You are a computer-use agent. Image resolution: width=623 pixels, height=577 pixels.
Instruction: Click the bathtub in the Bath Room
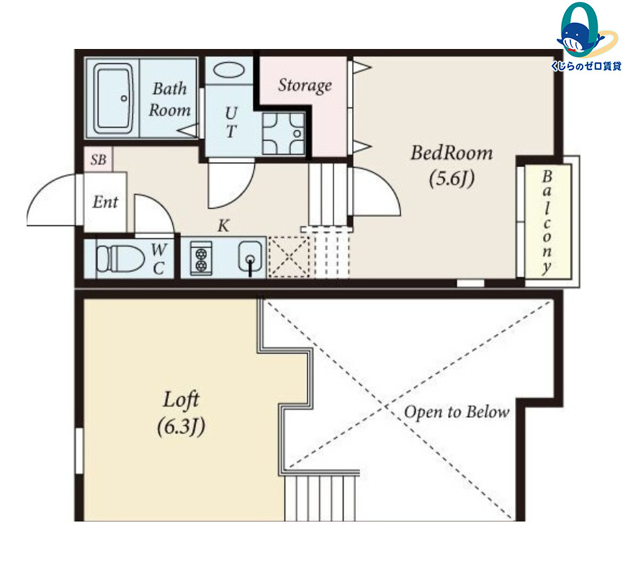114,98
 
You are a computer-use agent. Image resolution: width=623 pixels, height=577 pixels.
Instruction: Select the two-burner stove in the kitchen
201,259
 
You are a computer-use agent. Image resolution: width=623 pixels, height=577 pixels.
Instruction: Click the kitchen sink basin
250,256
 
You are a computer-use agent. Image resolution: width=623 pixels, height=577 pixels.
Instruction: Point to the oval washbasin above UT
229,71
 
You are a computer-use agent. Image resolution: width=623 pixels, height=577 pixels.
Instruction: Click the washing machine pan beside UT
283,133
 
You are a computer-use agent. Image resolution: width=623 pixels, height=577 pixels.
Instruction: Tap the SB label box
98,159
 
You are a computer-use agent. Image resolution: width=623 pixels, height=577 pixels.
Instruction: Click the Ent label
105,202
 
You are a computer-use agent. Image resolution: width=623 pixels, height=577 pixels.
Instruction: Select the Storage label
305,86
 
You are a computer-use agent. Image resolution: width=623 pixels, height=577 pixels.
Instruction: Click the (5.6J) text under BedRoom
452,179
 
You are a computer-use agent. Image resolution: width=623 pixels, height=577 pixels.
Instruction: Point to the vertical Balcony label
547,222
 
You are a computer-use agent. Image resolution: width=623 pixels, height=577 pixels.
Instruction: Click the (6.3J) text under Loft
181,427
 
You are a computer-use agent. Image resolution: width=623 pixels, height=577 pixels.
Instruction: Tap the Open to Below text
457,412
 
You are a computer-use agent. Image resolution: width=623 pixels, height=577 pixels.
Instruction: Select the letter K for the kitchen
223,225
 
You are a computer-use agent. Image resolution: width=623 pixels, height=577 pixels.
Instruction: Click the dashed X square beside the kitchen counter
289,256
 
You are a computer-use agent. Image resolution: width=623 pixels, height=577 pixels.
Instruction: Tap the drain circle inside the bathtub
124,98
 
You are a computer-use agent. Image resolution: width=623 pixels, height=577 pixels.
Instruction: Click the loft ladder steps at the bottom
320,498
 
